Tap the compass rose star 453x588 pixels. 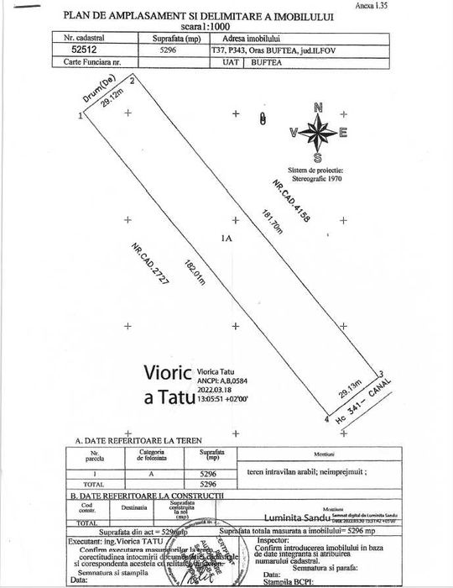click(317, 132)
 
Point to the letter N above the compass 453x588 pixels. click(317, 107)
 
